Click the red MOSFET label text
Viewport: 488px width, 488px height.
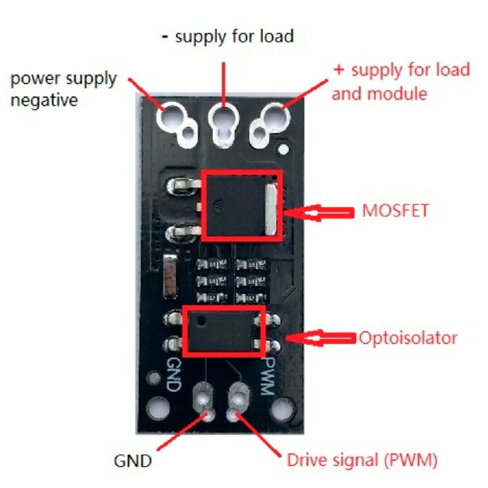point(395,210)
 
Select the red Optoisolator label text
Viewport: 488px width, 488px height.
point(408,337)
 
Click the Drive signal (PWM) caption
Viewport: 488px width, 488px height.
point(362,461)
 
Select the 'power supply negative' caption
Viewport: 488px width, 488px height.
point(63,89)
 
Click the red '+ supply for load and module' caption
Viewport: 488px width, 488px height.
point(401,81)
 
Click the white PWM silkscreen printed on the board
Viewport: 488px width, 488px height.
point(266,374)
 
